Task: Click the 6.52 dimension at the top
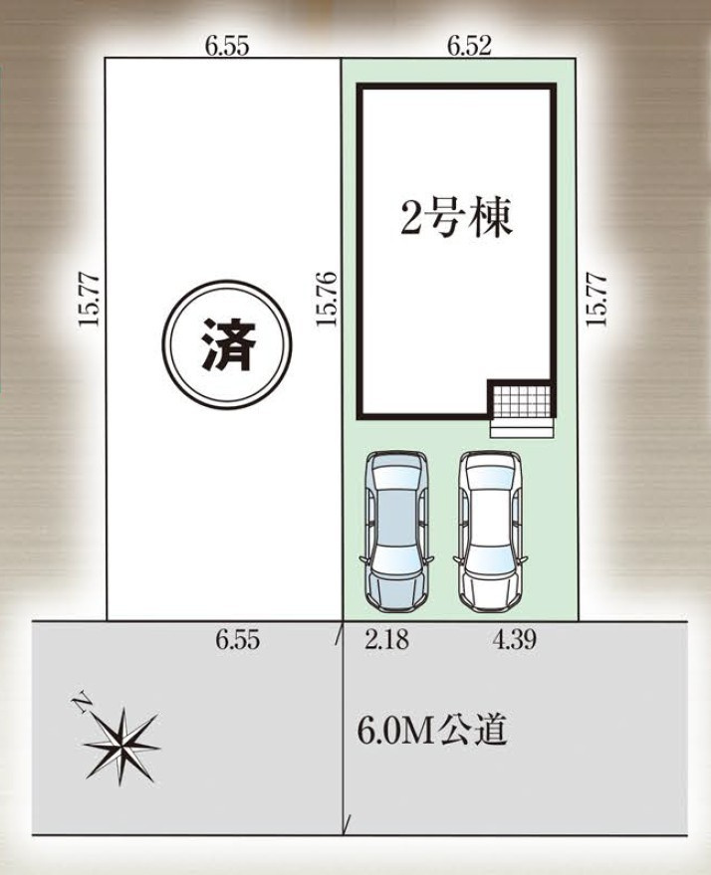(x=469, y=45)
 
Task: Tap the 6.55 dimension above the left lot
(x=227, y=45)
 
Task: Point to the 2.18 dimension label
(x=385, y=641)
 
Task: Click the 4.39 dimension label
(x=515, y=641)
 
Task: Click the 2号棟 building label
(x=456, y=220)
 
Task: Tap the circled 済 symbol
(x=227, y=344)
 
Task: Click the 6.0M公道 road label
(x=432, y=732)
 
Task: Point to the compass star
(x=121, y=743)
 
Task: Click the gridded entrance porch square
(x=521, y=401)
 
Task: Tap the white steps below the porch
(x=521, y=426)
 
